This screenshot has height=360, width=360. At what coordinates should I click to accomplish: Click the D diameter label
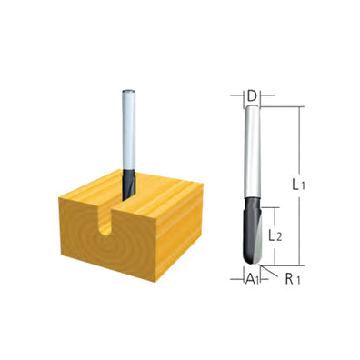(x=252, y=94)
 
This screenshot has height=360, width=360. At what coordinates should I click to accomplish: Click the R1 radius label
(x=290, y=279)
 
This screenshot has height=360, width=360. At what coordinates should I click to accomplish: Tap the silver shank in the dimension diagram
(x=252, y=164)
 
